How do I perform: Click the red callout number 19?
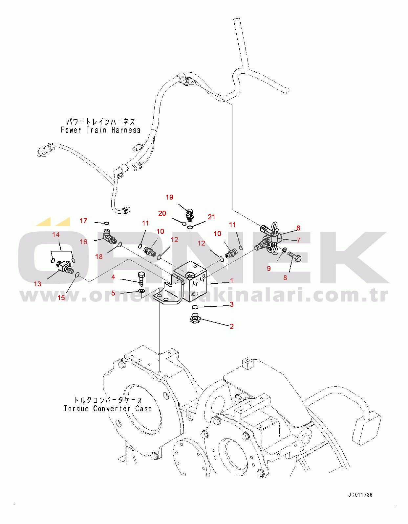(x=169, y=197)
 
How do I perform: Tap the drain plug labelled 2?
(x=195, y=319)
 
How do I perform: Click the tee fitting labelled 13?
(x=64, y=266)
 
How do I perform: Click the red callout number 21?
(x=211, y=217)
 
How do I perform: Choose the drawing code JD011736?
(x=360, y=495)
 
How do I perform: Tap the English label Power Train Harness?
(x=101, y=130)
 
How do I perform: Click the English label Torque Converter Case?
(x=108, y=409)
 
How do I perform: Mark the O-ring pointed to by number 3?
(x=195, y=307)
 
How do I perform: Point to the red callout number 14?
(x=56, y=234)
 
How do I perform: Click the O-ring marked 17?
(x=106, y=223)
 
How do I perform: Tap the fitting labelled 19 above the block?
(x=190, y=215)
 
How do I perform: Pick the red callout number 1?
(x=231, y=280)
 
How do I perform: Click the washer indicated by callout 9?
(x=284, y=251)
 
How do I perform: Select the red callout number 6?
(x=298, y=228)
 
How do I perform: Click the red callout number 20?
(x=162, y=213)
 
